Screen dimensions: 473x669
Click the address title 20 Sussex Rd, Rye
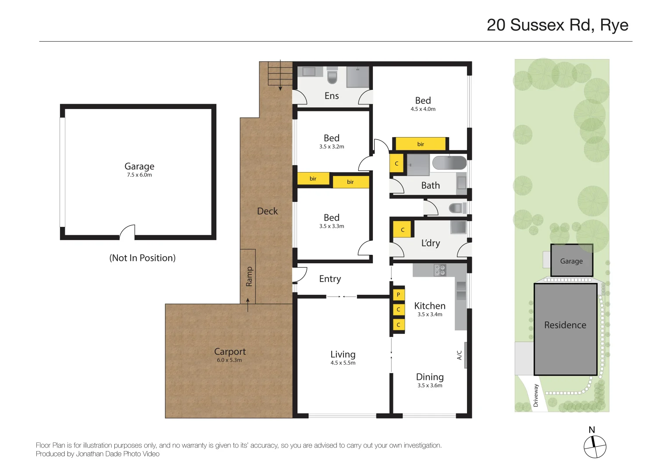point(557,25)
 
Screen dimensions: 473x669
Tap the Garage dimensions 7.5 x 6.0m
point(139,175)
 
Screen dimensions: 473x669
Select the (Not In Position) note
point(142,258)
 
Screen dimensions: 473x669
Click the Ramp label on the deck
point(249,276)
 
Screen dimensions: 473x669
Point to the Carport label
point(230,352)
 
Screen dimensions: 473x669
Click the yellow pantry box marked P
point(398,295)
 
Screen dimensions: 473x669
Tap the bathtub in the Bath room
point(449,162)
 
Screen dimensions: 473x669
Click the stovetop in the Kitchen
point(440,270)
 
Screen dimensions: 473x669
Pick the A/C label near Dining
point(459,355)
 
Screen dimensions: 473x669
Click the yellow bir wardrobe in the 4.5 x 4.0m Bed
point(421,144)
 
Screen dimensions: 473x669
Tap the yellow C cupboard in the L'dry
point(403,229)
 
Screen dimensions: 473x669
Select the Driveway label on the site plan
point(535,395)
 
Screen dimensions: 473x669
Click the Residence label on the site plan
point(565,325)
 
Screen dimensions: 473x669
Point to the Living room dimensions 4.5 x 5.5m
point(343,363)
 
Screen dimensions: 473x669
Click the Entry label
point(330,279)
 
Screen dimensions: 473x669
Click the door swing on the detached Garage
point(127,232)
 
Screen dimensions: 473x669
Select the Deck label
point(267,211)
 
